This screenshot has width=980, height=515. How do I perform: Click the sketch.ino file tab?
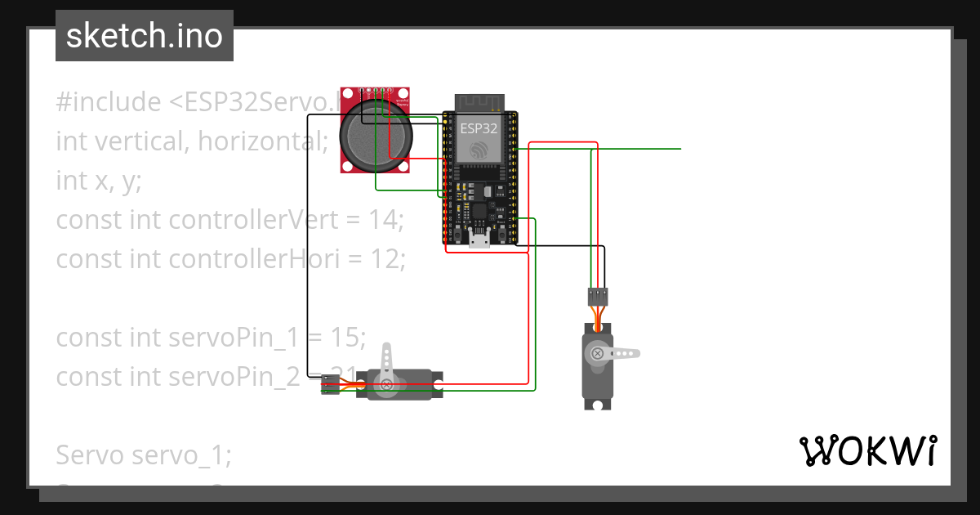pyautogui.click(x=145, y=36)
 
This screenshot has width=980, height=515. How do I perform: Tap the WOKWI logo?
pyautogui.click(x=867, y=451)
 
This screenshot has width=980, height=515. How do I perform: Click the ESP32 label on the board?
pyautogui.click(x=479, y=128)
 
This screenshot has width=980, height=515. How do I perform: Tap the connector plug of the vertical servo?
pyautogui.click(x=598, y=295)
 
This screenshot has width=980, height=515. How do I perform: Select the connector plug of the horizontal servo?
pyautogui.click(x=330, y=384)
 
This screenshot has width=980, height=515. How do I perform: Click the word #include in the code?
pyautogui.click(x=109, y=102)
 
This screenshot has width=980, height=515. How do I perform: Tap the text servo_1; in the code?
pyautogui.click(x=181, y=455)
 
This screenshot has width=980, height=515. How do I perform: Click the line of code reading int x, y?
pyautogui.click(x=99, y=181)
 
